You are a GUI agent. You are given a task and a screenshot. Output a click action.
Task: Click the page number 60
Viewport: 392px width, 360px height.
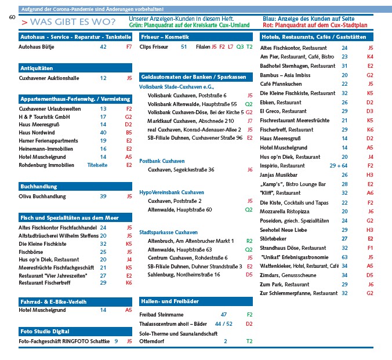12,17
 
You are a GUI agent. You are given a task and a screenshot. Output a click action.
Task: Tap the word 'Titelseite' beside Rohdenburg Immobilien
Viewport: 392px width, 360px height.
97,165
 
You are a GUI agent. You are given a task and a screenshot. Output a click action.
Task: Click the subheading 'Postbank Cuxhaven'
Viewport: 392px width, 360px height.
162,160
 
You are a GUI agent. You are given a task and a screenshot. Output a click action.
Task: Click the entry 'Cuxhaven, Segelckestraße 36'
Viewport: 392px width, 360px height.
182,170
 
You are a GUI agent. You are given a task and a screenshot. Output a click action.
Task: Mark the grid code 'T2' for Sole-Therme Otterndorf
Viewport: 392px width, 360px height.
249,341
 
